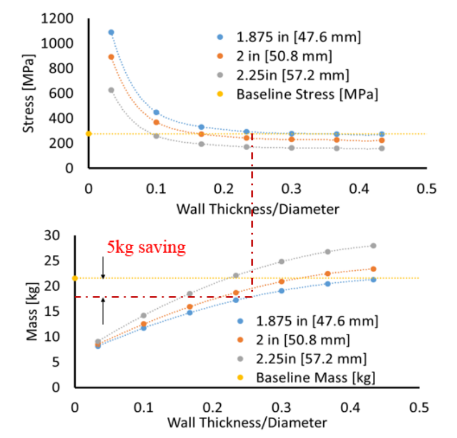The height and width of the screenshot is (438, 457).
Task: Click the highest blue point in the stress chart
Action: (x=111, y=32)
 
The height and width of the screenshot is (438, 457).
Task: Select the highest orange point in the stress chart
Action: (x=111, y=57)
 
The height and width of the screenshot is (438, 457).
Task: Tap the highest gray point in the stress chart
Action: (x=111, y=90)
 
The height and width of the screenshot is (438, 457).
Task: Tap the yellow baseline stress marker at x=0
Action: (x=88, y=134)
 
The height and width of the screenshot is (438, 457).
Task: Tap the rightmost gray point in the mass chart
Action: (x=373, y=246)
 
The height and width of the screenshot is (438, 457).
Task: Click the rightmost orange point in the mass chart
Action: (x=373, y=269)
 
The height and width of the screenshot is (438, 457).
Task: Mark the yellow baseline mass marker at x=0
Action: (x=75, y=278)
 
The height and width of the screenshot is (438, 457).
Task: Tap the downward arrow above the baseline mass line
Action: (x=103, y=268)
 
